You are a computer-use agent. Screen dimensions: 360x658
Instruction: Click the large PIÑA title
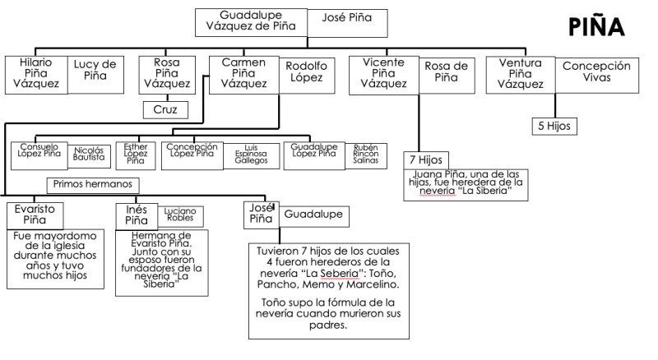(596, 27)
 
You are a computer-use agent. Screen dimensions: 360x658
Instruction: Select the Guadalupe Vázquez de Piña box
(251, 22)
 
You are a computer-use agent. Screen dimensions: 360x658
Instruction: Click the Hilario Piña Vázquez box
(33, 72)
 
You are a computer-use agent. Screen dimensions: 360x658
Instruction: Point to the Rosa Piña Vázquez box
(166, 72)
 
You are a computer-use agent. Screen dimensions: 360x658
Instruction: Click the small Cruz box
(165, 109)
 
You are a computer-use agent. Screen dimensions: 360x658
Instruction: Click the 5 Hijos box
(554, 127)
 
